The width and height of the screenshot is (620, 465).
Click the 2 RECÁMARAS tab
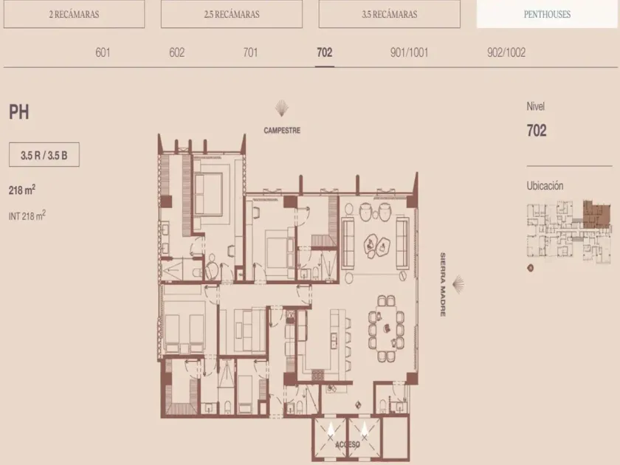coord(74,14)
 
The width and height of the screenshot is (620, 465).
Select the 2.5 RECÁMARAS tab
coord(232,14)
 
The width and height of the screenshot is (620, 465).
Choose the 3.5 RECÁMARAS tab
coord(390,14)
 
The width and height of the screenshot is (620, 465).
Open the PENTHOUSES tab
coord(547,14)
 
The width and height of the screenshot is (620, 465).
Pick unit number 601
coord(103,52)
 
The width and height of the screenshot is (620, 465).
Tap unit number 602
coord(176,52)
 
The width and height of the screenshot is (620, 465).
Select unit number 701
coord(250,52)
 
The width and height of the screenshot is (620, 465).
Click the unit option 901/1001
coord(409,52)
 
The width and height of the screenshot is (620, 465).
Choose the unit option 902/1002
coord(506,52)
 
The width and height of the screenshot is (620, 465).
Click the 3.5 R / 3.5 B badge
coord(44,154)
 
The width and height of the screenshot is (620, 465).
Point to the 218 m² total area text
coord(22,190)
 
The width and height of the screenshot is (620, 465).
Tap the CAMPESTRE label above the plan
coord(282,131)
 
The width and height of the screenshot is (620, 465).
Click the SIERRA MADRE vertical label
coord(443,284)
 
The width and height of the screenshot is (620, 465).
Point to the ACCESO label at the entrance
coord(348,444)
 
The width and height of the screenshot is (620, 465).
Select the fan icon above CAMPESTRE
coord(281,108)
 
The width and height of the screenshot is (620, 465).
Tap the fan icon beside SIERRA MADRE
coord(458,285)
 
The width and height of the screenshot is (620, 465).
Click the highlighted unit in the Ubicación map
coord(596,214)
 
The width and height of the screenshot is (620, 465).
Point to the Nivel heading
coord(535,106)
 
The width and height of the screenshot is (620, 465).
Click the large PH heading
coord(19,112)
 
